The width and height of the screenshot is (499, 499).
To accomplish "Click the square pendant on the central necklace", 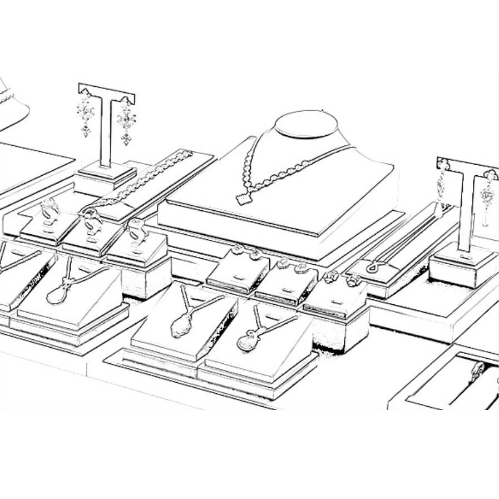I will (x=244, y=199).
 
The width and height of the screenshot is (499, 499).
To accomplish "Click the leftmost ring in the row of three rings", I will (x=49, y=210).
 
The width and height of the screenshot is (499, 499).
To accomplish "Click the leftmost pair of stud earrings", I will (x=246, y=253).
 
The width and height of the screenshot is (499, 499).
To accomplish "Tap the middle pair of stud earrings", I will (x=293, y=265).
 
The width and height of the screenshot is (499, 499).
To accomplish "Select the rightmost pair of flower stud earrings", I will (x=340, y=278).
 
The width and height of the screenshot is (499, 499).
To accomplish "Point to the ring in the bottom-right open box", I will (x=477, y=370).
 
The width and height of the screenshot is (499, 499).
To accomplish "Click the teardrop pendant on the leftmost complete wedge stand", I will (x=57, y=294).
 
